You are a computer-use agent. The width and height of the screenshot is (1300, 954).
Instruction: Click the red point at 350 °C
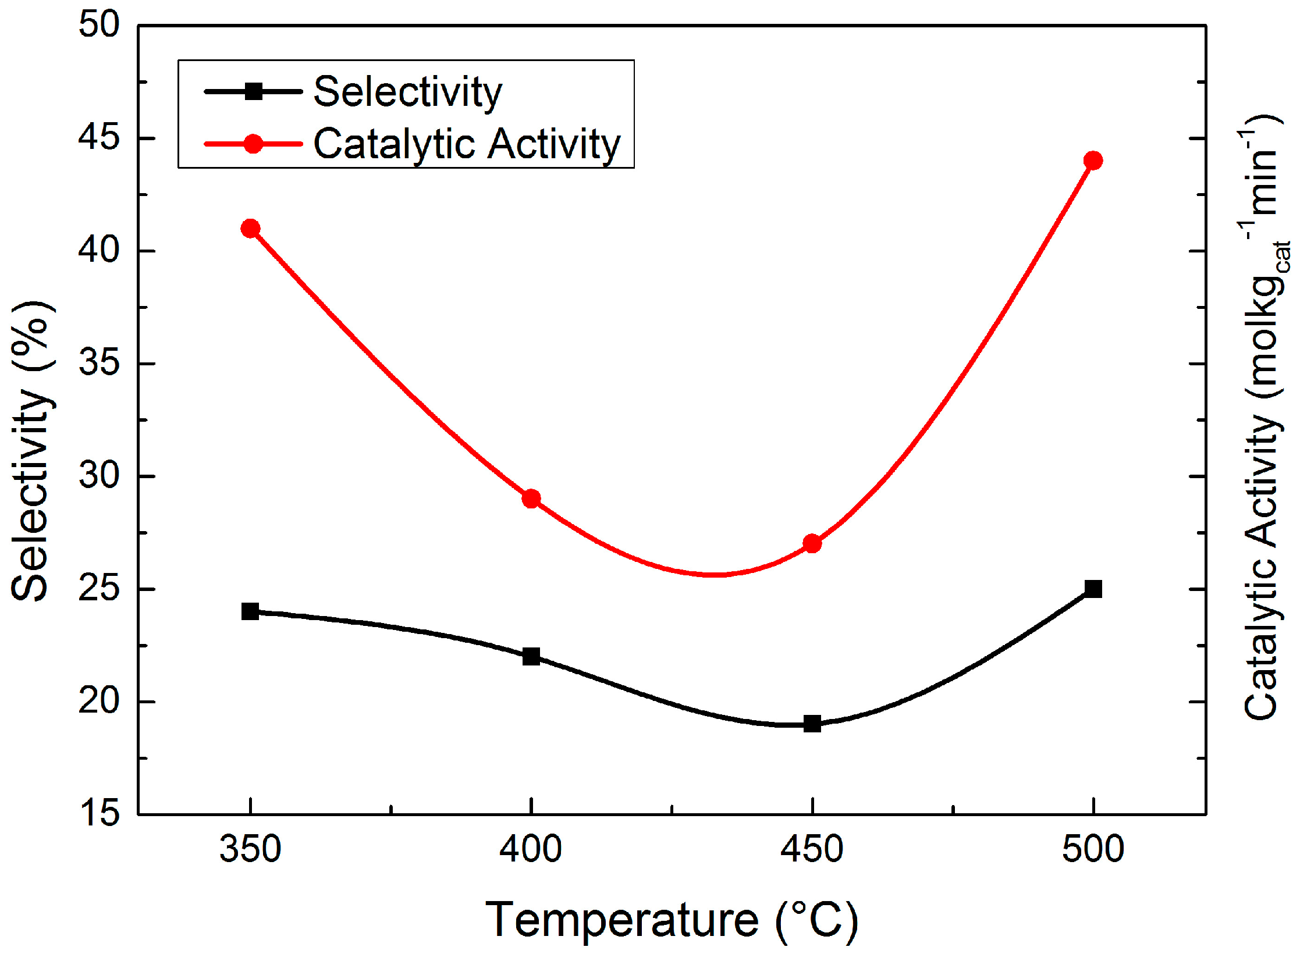click(250, 229)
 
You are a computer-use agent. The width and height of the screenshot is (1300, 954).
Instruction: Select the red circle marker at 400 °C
click(531, 499)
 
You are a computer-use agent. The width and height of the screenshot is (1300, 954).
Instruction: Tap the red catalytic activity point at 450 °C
click(812, 544)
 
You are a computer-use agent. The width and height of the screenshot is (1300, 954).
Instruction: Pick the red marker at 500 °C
click(1093, 161)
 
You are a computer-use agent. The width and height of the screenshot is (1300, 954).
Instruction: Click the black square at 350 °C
click(250, 611)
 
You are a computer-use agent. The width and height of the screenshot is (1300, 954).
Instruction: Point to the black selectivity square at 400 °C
click(531, 657)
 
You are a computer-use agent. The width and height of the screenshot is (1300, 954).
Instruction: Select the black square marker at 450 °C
click(812, 724)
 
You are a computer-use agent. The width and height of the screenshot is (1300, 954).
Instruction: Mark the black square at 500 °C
click(1093, 589)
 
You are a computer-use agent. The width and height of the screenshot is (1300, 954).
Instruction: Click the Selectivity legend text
click(407, 92)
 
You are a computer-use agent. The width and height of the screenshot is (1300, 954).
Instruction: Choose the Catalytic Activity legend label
click(467, 144)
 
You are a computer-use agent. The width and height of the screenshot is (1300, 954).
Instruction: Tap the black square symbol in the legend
click(253, 91)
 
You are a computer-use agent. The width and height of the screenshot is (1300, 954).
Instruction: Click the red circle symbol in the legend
click(253, 144)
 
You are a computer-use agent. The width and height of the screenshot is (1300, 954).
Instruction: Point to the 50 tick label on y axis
click(99, 26)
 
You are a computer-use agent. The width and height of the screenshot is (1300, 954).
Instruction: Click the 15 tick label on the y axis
click(99, 813)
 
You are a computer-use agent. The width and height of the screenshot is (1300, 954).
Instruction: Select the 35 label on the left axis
click(99, 364)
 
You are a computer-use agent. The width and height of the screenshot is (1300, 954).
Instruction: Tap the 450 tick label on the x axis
click(812, 849)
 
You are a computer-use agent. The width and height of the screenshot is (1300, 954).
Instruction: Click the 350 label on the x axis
click(250, 849)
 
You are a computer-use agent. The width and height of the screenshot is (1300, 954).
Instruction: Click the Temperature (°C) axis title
click(672, 920)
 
